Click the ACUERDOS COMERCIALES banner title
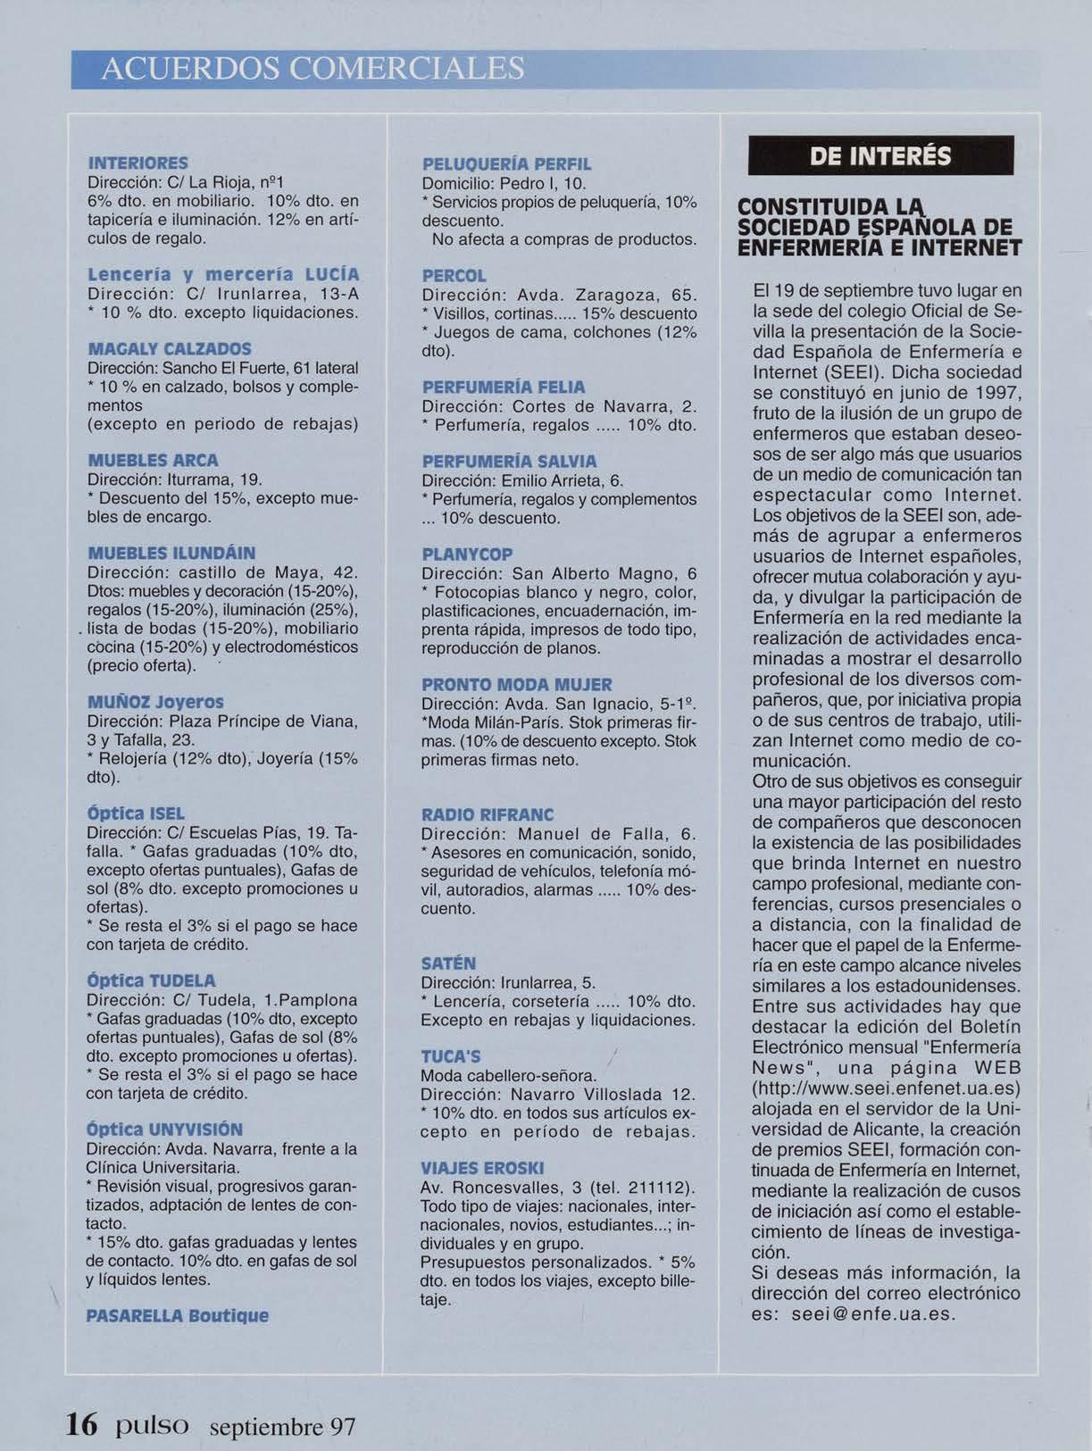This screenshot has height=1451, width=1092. tap(313, 70)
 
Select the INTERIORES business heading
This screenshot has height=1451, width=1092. tap(138, 163)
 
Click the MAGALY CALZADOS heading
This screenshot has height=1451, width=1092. tap(170, 348)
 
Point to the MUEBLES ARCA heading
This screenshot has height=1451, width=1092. tap(153, 461)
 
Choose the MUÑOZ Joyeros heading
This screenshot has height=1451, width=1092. tap(155, 702)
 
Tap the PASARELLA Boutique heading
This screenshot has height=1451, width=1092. tap(177, 1316)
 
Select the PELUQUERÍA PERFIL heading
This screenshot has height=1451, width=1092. tap(506, 164)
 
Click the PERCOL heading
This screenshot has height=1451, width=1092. tap(454, 276)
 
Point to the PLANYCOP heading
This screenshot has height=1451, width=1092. tap(467, 555)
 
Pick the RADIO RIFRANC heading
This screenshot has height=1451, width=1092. tap(488, 815)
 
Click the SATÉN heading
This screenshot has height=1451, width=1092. tap(448, 963)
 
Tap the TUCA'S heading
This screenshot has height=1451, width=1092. tap(451, 1056)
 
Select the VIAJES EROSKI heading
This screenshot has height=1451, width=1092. tap(482, 1169)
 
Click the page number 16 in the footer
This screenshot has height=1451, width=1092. tap(81, 1423)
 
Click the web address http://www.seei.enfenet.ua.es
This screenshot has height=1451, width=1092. tap(887, 1088)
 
